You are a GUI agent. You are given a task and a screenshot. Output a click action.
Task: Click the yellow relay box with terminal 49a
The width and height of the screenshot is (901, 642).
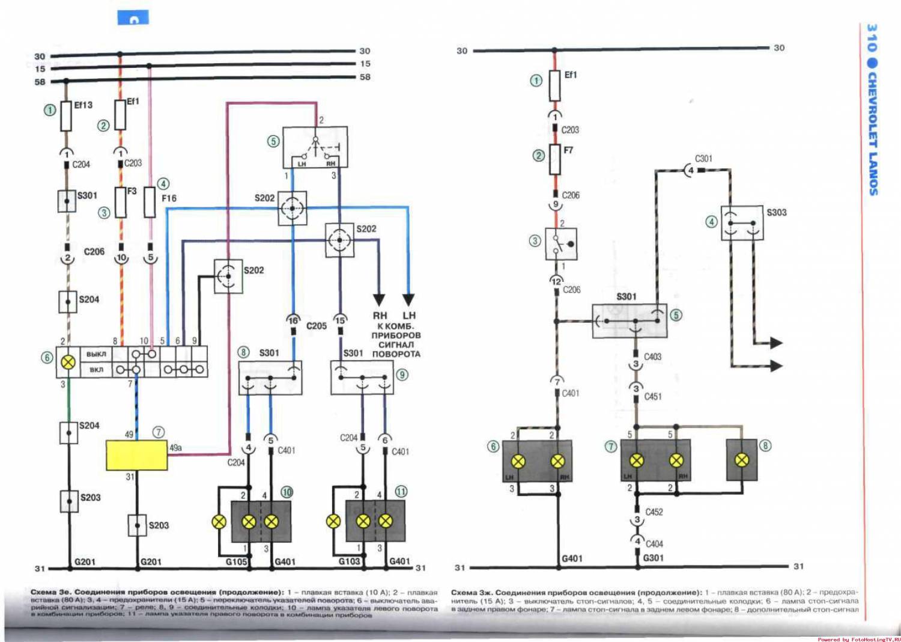[136, 455]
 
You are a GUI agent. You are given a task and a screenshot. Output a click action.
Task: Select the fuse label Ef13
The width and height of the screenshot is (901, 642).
[83, 105]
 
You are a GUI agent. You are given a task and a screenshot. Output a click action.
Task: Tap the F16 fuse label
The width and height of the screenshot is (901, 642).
[169, 198]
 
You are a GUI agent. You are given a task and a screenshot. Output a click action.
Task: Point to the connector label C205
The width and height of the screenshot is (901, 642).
[317, 326]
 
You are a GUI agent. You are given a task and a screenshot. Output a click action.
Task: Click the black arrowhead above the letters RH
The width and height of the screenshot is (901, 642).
[379, 299]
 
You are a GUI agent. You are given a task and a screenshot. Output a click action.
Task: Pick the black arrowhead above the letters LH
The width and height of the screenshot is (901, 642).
[408, 299]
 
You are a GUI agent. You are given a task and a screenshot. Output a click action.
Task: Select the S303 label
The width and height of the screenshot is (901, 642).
[776, 212]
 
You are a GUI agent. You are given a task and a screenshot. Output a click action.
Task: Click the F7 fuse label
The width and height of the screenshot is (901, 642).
[568, 150]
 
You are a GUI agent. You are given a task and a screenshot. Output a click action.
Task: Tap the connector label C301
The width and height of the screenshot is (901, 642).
[703, 159]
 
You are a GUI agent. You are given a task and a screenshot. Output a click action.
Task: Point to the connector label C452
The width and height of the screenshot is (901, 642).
[654, 512]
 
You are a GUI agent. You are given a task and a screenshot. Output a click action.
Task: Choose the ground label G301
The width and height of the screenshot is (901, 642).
[654, 558]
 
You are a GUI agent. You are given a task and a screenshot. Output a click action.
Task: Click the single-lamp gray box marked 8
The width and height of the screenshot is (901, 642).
[742, 460]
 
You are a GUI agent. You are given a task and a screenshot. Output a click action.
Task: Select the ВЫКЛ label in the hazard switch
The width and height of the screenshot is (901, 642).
[96, 354]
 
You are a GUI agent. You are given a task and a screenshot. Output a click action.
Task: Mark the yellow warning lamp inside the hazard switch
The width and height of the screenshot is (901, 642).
[68, 362]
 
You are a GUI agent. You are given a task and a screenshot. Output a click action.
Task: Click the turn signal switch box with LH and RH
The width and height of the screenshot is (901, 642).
[315, 147]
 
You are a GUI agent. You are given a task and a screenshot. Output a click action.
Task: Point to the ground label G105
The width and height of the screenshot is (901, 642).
[236, 561]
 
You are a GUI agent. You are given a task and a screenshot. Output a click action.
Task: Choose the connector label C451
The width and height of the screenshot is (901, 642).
[653, 397]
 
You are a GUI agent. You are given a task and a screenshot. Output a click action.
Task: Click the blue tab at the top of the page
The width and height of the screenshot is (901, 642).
[133, 18]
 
